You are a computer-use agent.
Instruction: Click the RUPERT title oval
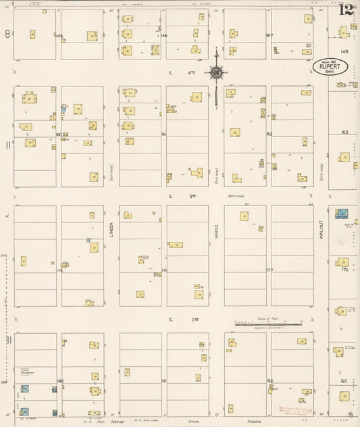coord(330,67)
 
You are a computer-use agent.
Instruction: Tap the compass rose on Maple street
coord(216,72)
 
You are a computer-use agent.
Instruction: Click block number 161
coord(163,134)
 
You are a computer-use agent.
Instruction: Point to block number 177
coord(269,270)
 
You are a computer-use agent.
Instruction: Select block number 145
coord(59,35)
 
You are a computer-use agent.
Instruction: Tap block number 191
coord(163,381)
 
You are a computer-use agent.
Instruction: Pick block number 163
coord(344,132)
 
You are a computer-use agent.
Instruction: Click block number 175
coord(59,270)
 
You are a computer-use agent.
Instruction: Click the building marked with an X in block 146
coord(155,49)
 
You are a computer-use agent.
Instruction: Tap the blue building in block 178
coord(342,214)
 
